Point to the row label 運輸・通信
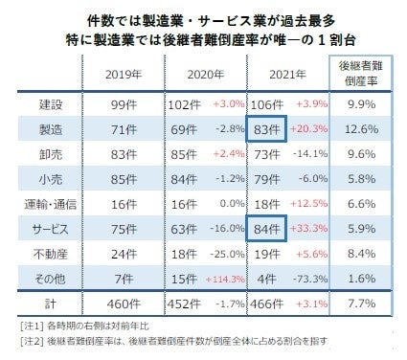pyautogui.click(x=43, y=204)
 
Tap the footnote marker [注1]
pyautogui.click(x=31, y=326)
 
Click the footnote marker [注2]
pyautogui.click(x=31, y=342)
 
